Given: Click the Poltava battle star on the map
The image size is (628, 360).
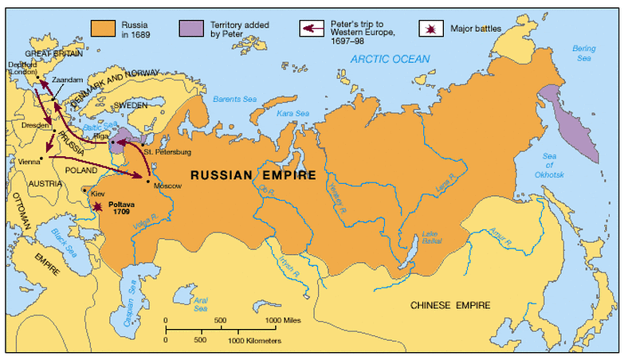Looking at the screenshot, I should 96,206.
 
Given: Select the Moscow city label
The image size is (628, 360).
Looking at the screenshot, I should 167,186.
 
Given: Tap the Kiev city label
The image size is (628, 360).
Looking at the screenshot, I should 97,194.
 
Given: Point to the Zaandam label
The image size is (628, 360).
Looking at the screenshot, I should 65,80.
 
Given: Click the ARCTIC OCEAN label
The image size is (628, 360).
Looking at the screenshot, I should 391,59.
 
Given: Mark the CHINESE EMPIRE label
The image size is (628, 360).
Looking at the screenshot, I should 450,305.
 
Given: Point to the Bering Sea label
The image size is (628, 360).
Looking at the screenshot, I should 583,53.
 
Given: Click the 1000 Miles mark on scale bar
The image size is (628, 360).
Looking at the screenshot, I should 281,319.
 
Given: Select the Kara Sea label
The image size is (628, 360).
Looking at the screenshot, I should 292,114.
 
